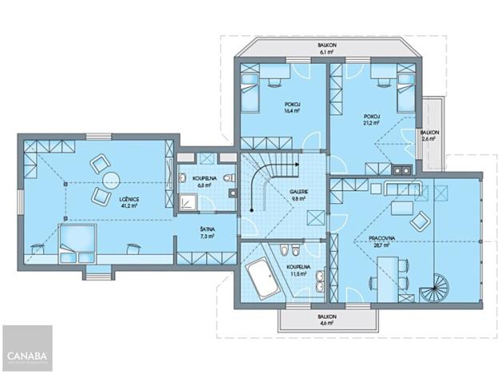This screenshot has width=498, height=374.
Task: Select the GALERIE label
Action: coord(277,193)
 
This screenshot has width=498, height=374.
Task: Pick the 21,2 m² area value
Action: coord(369,124)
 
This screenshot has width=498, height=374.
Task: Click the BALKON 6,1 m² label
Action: coord(326,50)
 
